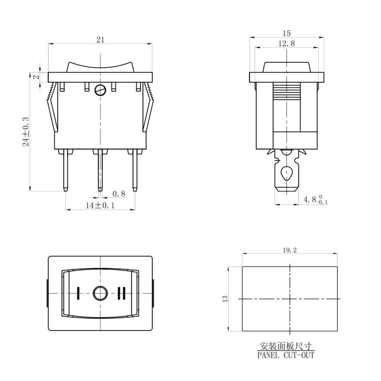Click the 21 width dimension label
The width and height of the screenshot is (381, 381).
tap(100, 40)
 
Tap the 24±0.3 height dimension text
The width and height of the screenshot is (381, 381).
tap(26, 132)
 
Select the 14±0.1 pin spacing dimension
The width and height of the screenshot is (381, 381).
tap(100, 205)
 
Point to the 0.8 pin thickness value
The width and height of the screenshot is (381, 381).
tap(119, 194)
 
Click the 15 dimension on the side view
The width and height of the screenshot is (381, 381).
tap(287, 33)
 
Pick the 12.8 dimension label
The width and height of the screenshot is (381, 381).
tap(287, 43)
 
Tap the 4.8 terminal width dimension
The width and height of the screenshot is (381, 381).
tap(315, 200)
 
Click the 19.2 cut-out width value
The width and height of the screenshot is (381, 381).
tap(290, 250)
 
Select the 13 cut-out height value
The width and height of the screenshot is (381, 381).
tap(225, 298)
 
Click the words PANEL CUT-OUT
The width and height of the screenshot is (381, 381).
tap(286, 355)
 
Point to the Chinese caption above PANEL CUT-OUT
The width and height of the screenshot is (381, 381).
tap(286, 346)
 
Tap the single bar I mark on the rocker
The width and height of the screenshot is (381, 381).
tap(78, 293)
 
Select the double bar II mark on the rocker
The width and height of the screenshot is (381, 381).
tap(121, 293)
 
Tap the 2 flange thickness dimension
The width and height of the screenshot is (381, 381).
tap(37, 77)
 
